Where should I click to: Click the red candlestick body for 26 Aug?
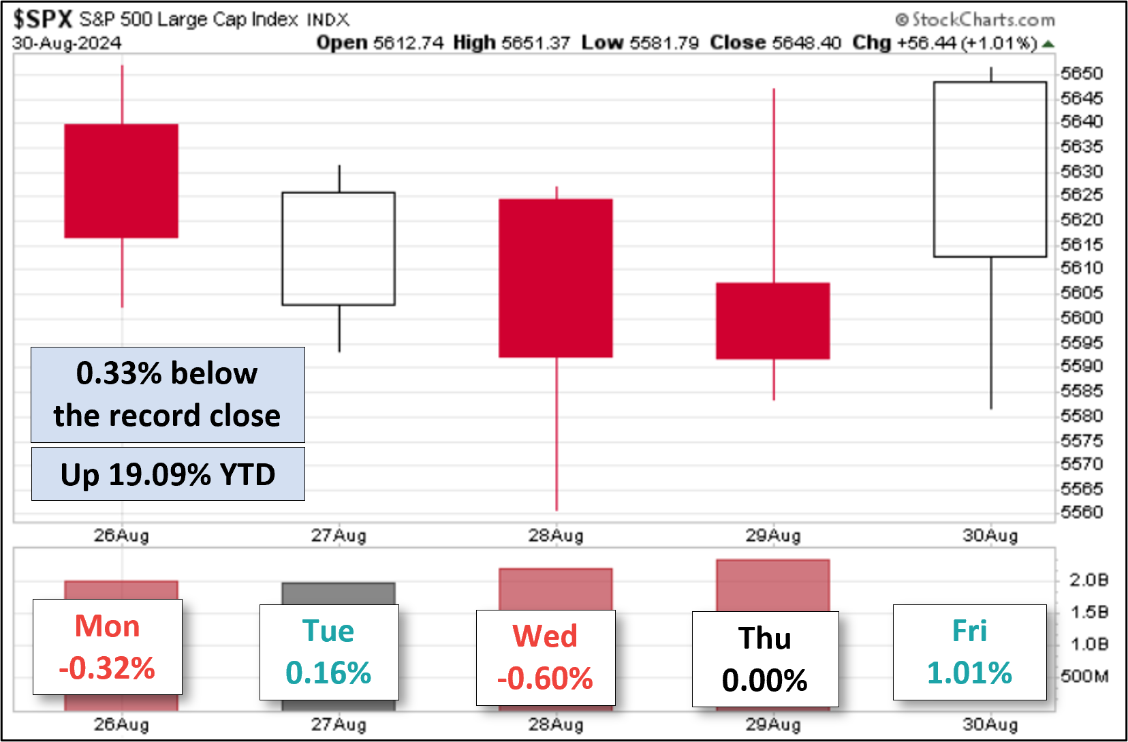pos(121,181)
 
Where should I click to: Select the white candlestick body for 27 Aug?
pos(339,249)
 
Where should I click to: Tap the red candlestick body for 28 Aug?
pos(556,278)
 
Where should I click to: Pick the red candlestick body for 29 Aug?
pos(773,320)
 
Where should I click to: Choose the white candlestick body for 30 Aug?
pos(990,169)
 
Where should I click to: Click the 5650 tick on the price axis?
pos(1082,74)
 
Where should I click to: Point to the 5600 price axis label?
pos(1082,318)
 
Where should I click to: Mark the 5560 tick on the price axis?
pos(1082,512)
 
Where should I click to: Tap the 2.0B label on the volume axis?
pos(1088,580)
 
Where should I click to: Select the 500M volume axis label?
pos(1084,676)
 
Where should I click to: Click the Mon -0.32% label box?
pos(108,647)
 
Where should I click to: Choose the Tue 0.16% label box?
pos(329,652)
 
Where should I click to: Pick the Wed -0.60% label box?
pos(545,658)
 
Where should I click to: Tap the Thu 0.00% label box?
pos(765,659)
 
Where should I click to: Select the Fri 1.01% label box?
pos(969,652)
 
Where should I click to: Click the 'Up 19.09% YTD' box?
pos(168,474)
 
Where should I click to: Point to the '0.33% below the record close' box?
pos(168,395)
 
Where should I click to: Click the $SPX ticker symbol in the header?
pos(42,19)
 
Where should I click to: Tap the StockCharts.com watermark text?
pos(975,20)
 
